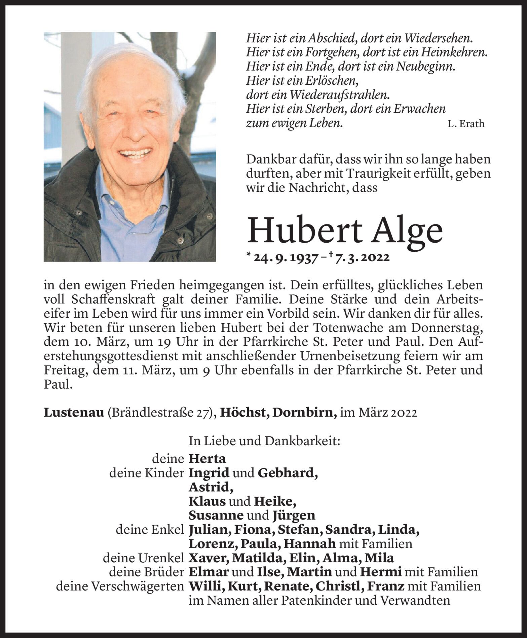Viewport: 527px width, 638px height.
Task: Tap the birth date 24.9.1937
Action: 286,258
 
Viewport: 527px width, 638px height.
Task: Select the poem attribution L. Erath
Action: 466,124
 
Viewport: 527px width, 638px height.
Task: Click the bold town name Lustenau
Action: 74,413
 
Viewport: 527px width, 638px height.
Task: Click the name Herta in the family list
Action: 207,459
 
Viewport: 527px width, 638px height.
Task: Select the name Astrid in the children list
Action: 211,487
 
